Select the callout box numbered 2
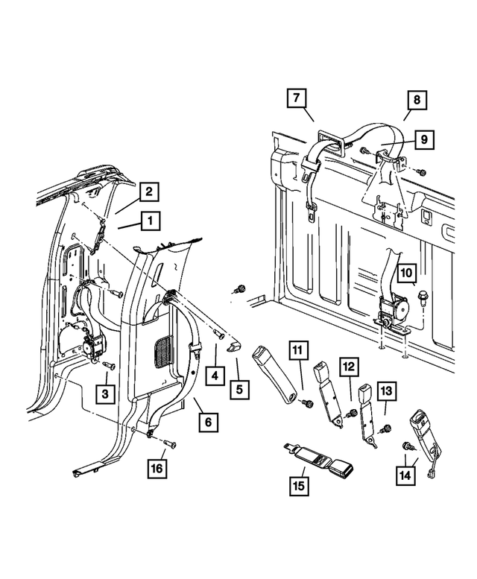148,192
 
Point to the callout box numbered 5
238,388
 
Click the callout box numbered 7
296,98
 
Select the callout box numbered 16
157,469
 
